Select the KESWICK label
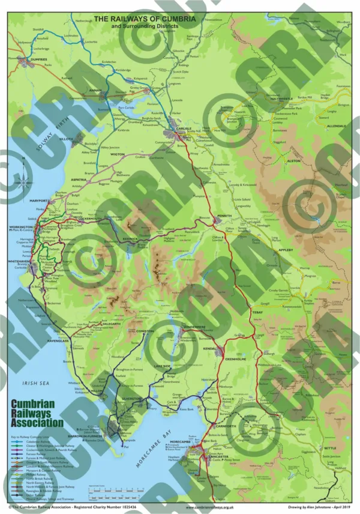point(131,238)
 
